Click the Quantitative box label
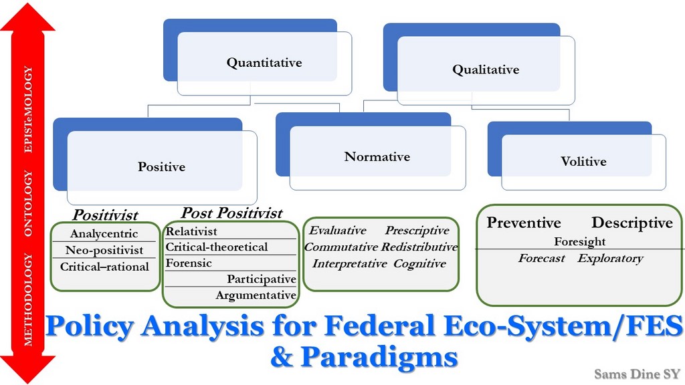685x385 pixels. [x=264, y=63]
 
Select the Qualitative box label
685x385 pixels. [x=486, y=70]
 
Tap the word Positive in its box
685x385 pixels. [x=162, y=166]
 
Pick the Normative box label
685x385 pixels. [x=377, y=156]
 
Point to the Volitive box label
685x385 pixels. [x=583, y=162]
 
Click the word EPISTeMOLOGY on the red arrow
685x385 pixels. [x=28, y=109]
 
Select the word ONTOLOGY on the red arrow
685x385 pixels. [x=28, y=203]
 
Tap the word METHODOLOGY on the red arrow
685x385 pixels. [x=28, y=299]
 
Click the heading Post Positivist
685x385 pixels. [x=232, y=213]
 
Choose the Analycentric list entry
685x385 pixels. [x=104, y=233]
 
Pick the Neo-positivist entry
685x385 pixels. [x=104, y=250]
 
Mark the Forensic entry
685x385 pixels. [x=189, y=263]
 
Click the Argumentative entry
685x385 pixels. [x=256, y=295]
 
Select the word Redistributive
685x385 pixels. [x=419, y=247]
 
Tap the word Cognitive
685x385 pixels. [x=420, y=263]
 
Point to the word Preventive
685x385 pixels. [x=524, y=223]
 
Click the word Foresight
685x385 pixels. [x=580, y=241]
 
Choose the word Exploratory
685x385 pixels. [x=610, y=259]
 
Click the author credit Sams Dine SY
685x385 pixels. [x=638, y=374]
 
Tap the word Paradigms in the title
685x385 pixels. [x=380, y=357]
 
